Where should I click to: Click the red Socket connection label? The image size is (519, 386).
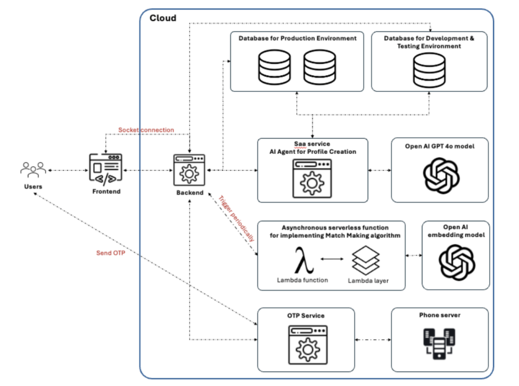[146, 130]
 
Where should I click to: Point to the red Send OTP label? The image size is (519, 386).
[110, 253]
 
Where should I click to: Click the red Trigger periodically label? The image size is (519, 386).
[237, 217]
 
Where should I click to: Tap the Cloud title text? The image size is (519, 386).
[163, 18]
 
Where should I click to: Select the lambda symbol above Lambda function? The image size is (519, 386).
[303, 259]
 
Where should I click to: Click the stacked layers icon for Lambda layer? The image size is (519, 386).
[365, 260]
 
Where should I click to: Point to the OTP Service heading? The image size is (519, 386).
[306, 316]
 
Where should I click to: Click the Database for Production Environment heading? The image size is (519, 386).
[297, 38]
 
